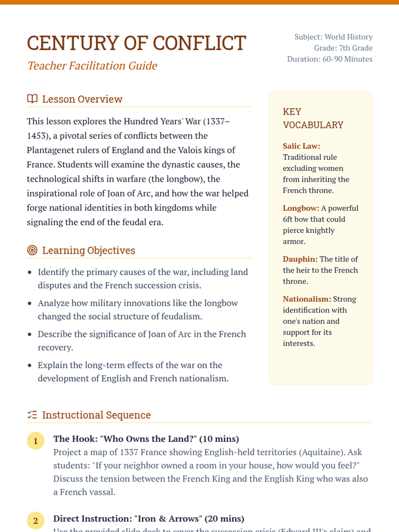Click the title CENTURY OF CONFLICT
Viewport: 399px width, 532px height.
tap(136, 43)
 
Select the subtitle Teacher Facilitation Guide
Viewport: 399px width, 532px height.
tap(92, 66)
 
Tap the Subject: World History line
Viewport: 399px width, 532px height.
tap(333, 37)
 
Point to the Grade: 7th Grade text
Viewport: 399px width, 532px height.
tap(343, 48)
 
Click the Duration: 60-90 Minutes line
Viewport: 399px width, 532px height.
tap(330, 59)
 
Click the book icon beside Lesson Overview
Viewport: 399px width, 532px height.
tap(32, 99)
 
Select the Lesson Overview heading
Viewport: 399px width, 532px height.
tap(82, 99)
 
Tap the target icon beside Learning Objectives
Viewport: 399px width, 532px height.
tap(32, 250)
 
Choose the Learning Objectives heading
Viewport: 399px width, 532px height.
tap(88, 250)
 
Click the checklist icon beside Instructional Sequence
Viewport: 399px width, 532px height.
tap(32, 415)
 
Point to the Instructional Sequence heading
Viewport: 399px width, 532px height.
tap(96, 415)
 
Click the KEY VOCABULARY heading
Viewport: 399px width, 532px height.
tap(313, 118)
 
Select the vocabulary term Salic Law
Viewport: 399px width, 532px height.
tap(301, 146)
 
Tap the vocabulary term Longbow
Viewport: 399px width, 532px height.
tap(301, 208)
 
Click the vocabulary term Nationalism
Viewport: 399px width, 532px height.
tap(307, 299)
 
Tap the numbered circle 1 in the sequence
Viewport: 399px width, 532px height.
tap(36, 441)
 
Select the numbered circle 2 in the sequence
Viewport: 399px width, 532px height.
tap(36, 521)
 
